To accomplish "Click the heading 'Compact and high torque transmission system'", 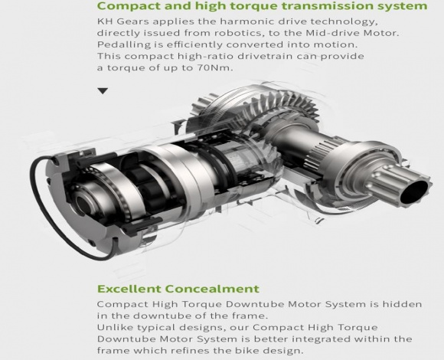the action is click(262, 6).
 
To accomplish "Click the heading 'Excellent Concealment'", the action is click(178, 289).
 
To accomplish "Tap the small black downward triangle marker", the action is click(103, 91).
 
